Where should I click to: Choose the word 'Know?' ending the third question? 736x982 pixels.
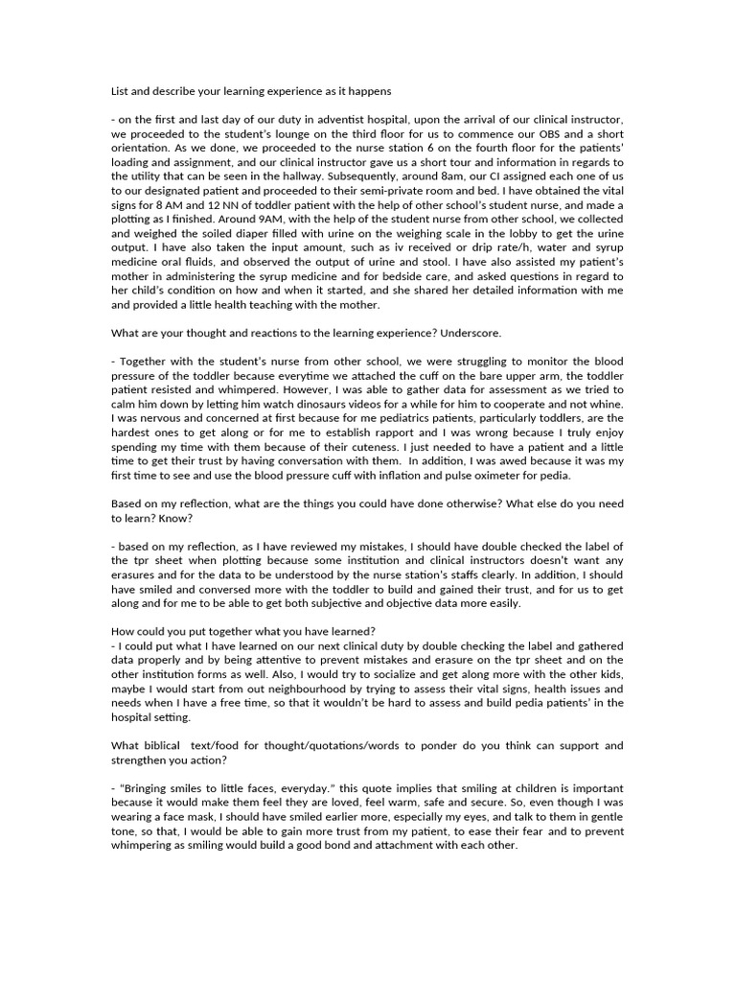click(x=176, y=517)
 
